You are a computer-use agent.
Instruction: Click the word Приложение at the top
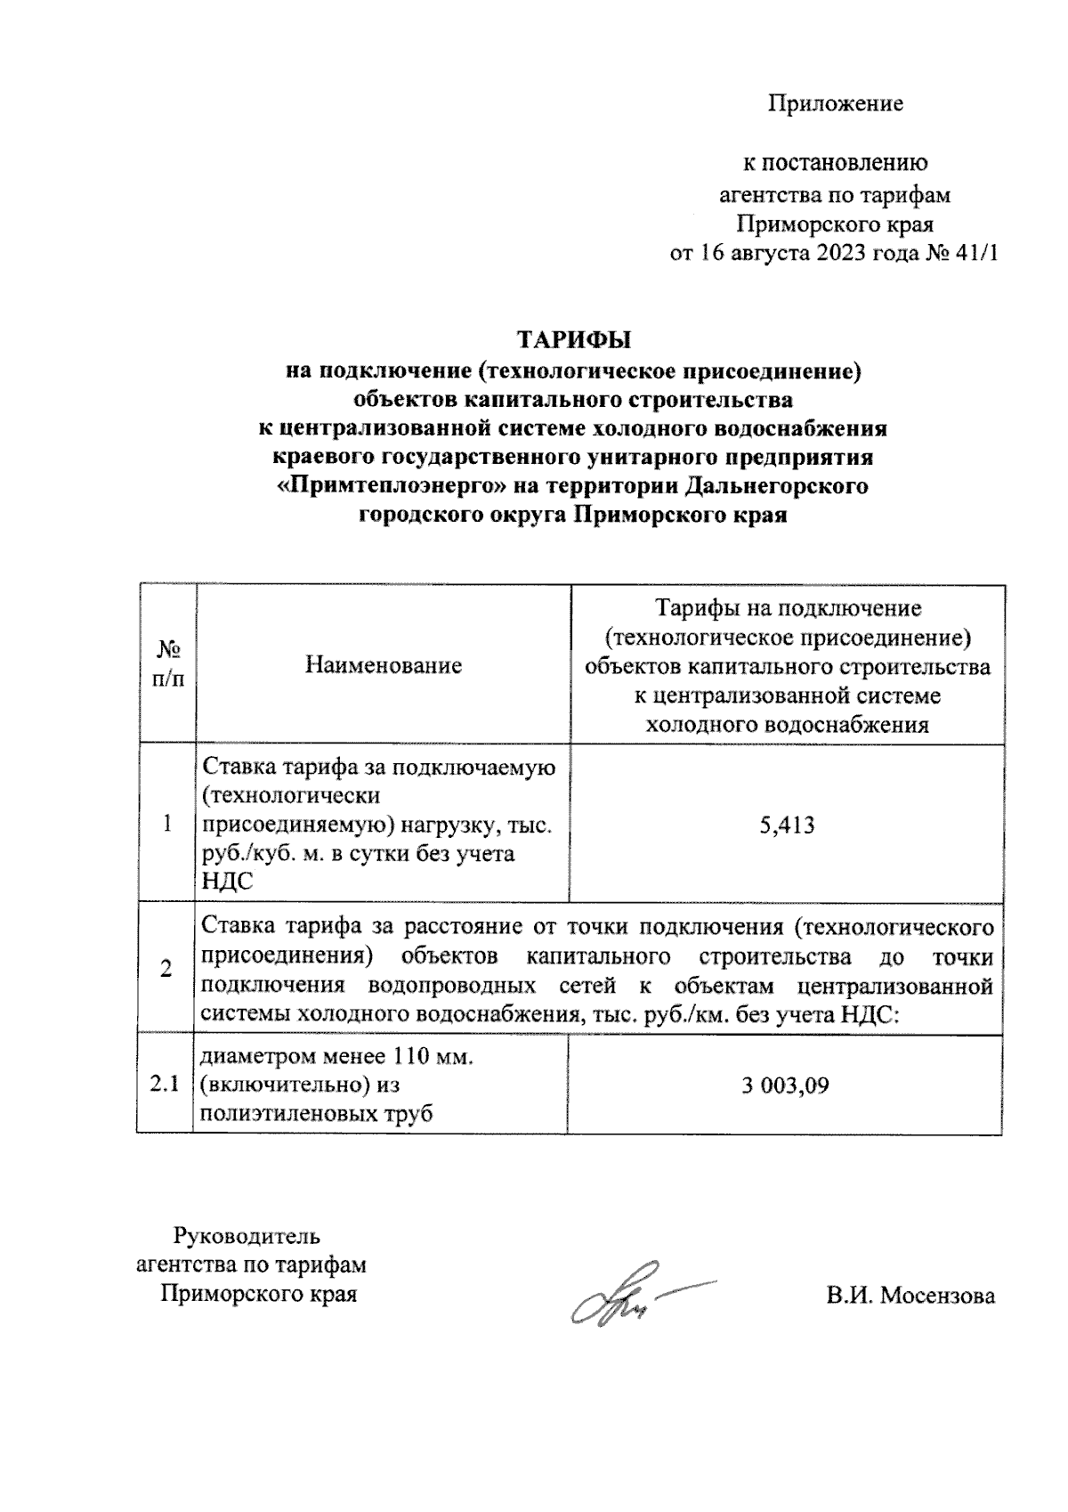pyautogui.click(x=836, y=104)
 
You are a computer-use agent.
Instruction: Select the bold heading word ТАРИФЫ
pyautogui.click(x=574, y=341)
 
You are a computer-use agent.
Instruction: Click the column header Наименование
pyautogui.click(x=383, y=665)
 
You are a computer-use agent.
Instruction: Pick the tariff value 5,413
pyautogui.click(x=787, y=825)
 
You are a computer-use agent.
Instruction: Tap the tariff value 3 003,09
pyautogui.click(x=786, y=1085)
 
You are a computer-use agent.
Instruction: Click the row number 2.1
pyautogui.click(x=165, y=1085)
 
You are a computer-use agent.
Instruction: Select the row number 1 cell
pyautogui.click(x=167, y=825)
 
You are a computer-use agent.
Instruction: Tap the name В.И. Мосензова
pyautogui.click(x=910, y=1296)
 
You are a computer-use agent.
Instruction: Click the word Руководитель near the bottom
pyautogui.click(x=247, y=1236)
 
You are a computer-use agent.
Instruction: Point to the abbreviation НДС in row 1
pyautogui.click(x=228, y=882)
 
